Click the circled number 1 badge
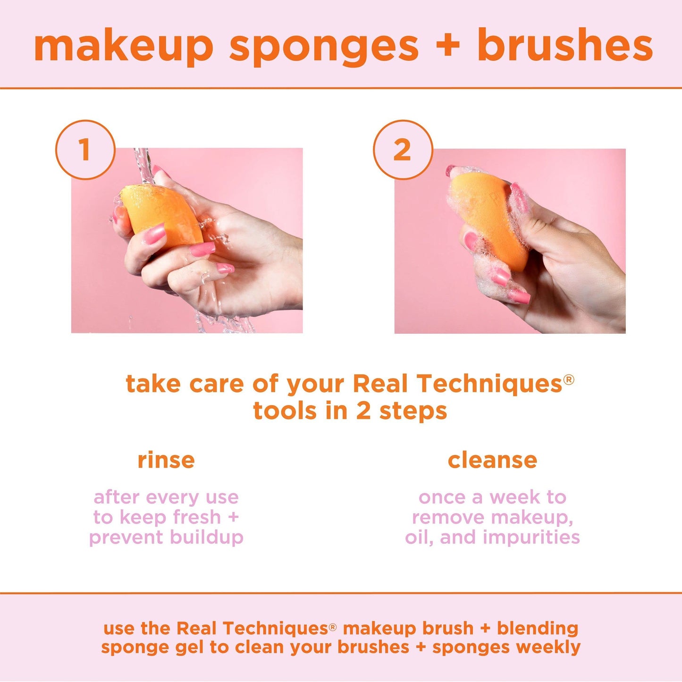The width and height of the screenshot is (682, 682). [x=85, y=150]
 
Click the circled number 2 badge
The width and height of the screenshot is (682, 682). [x=403, y=150]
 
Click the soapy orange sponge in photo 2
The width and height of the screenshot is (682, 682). [x=486, y=217]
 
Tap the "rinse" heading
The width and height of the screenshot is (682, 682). [x=166, y=460]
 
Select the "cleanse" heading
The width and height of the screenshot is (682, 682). [x=492, y=460]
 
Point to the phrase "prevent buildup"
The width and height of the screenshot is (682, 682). [x=166, y=537]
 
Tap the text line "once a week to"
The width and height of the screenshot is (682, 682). [x=492, y=497]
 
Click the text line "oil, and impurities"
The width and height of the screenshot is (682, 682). [x=492, y=537]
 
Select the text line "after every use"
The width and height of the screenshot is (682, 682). [x=166, y=497]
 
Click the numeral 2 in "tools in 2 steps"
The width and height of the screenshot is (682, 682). [x=363, y=411]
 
